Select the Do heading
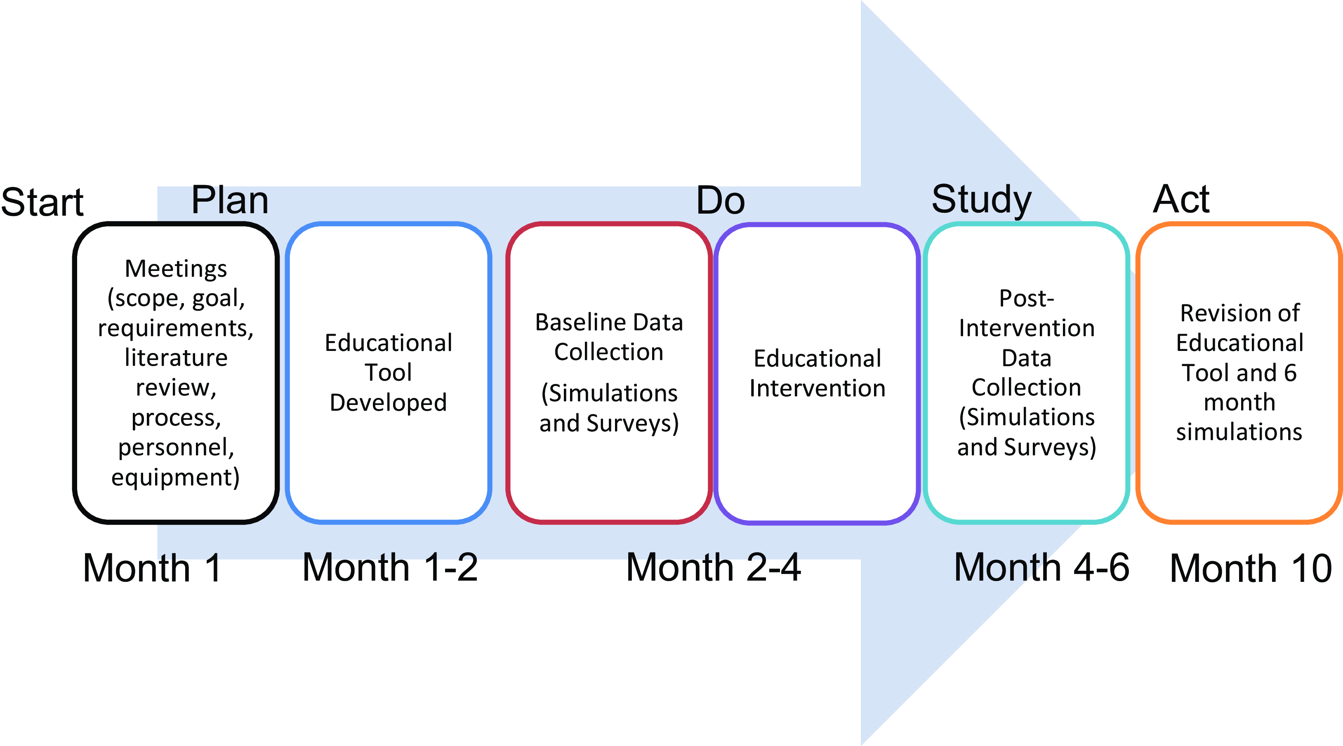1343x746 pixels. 721,201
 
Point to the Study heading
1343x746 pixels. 981,200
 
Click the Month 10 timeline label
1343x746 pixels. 1251,568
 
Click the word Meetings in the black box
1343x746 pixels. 176,268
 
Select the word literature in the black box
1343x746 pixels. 176,358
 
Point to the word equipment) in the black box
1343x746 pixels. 176,477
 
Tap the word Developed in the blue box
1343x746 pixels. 389,402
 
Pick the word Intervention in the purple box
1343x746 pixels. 818,388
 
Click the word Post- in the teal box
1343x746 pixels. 1027,298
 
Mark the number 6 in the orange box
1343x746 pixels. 1290,373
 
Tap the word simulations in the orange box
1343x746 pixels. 1239,432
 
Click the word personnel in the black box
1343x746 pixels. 176,447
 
